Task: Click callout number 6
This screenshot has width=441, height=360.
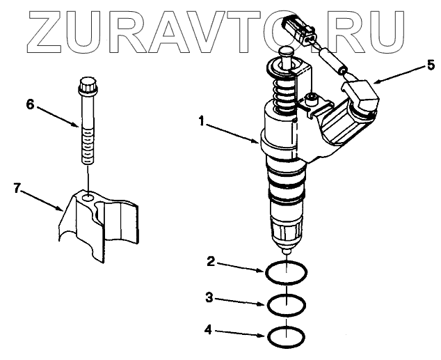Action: [29, 104]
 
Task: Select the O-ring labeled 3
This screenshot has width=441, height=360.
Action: [286, 304]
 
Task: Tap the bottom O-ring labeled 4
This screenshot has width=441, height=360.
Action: [286, 337]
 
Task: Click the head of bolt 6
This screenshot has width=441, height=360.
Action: [87, 89]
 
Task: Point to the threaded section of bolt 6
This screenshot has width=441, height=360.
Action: [88, 143]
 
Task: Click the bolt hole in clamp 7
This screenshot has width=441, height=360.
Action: [86, 199]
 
